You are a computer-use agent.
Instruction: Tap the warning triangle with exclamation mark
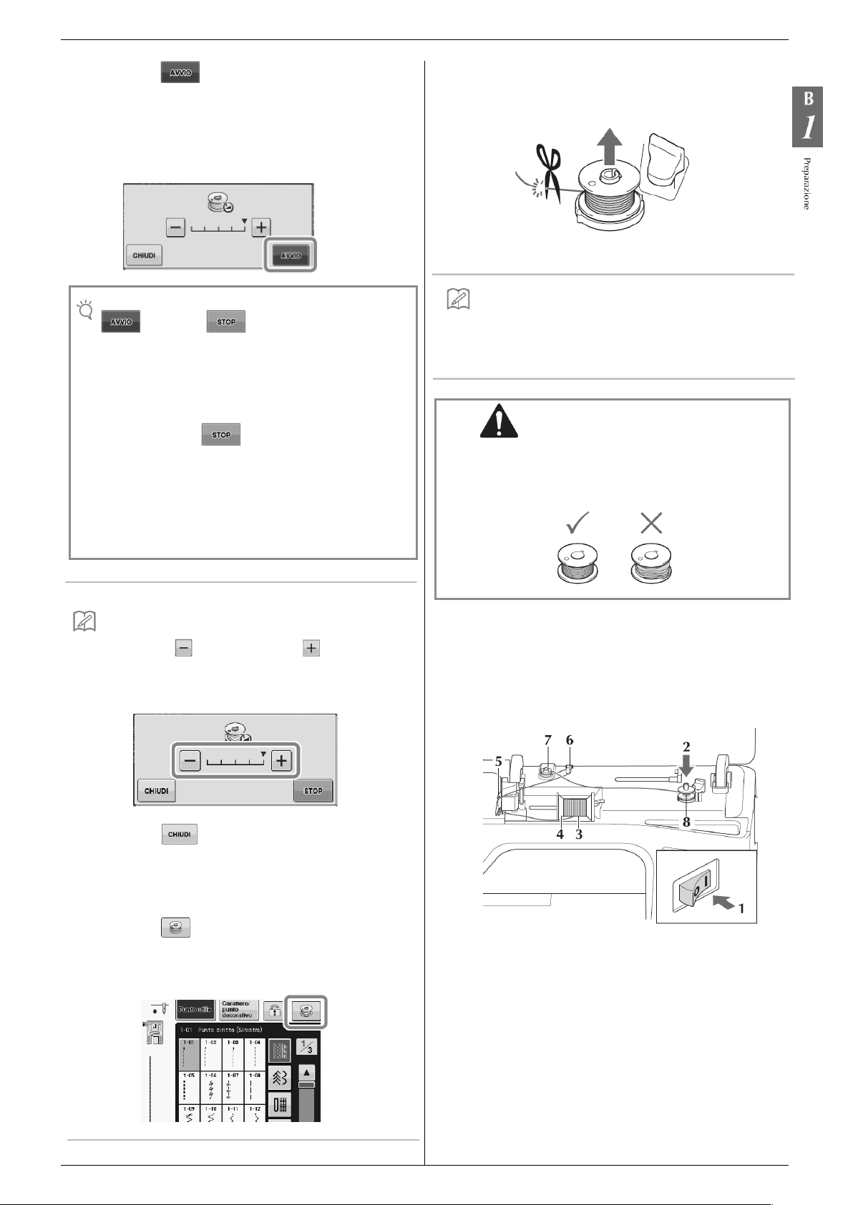[x=499, y=420]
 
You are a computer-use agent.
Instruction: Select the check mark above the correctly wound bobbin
[x=577, y=523]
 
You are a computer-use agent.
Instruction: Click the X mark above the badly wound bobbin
[x=650, y=523]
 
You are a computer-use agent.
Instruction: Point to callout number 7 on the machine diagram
[x=548, y=740]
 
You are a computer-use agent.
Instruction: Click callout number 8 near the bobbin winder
[x=686, y=822]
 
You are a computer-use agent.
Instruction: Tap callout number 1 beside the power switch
[x=741, y=908]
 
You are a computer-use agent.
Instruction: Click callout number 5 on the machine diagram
[x=498, y=761]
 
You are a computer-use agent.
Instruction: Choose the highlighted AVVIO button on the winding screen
[x=291, y=255]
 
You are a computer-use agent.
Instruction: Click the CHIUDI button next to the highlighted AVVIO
[x=144, y=255]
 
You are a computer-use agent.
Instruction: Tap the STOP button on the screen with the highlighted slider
[x=313, y=791]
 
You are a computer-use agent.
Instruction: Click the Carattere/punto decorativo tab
[x=238, y=1010]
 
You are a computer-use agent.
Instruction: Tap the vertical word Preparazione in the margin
[x=806, y=183]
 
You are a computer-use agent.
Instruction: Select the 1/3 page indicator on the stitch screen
[x=306, y=1048]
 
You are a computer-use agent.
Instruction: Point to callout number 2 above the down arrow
[x=686, y=747]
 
